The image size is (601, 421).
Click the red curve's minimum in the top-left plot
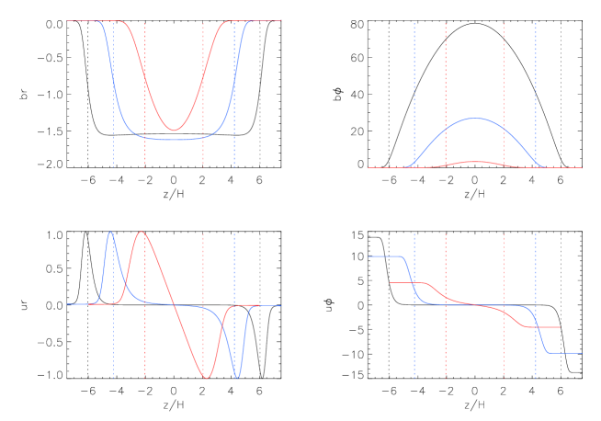point(174,131)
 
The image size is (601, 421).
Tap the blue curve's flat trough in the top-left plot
point(175,140)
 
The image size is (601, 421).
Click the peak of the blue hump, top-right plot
point(475,119)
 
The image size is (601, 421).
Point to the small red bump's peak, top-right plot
point(475,162)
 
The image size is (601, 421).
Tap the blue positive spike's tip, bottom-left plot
point(110,232)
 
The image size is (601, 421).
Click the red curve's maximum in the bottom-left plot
point(141,232)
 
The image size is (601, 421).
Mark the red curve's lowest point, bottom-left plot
point(207,377)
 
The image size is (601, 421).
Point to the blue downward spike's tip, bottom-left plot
point(237,377)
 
